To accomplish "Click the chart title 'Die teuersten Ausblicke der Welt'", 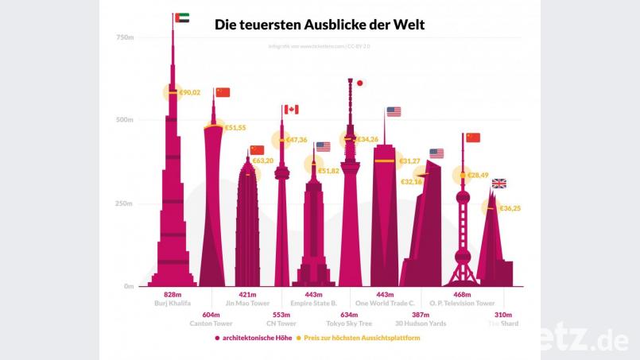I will pyautogui.click(x=320, y=25).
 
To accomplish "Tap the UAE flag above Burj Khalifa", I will pyautogui.click(x=181, y=17).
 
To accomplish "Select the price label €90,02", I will pyautogui.click(x=190, y=92).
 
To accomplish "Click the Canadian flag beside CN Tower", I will pyautogui.click(x=291, y=110).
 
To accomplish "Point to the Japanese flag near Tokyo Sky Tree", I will pyautogui.click(x=359, y=83).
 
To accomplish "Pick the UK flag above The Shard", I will pyautogui.click(x=499, y=184).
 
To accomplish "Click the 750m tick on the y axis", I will pyautogui.click(x=124, y=37).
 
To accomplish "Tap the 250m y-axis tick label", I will pyautogui.click(x=124, y=203).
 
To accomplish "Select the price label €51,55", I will pyautogui.click(x=235, y=127).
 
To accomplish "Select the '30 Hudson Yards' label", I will pyautogui.click(x=420, y=324).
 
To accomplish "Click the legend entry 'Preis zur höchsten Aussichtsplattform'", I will pyautogui.click(x=362, y=338).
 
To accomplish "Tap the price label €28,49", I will pyautogui.click(x=478, y=175).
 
